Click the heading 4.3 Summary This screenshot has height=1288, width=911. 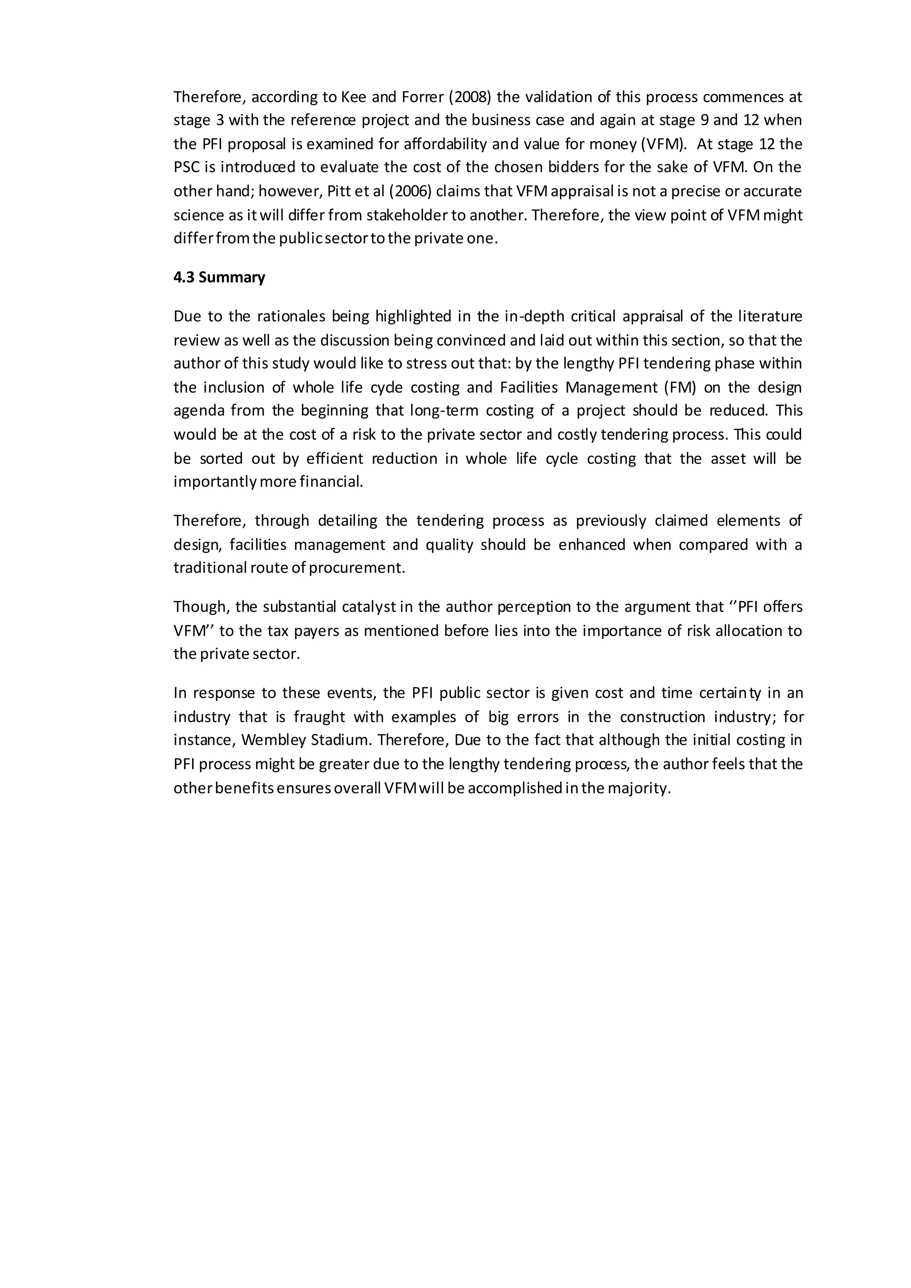[x=219, y=278]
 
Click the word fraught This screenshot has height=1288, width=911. [x=319, y=717]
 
